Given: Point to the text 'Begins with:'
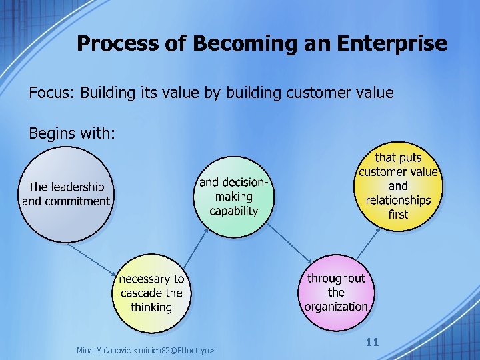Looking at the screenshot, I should click(x=72, y=133).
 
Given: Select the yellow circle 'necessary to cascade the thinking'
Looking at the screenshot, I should click(x=151, y=293).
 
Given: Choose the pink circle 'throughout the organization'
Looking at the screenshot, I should click(x=336, y=293).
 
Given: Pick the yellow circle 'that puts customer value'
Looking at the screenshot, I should click(x=398, y=185).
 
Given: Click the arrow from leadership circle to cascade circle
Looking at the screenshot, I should click(x=93, y=261).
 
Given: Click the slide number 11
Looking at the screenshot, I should click(x=372, y=342).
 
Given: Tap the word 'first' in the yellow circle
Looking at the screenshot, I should click(x=398, y=214).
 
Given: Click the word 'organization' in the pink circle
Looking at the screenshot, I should click(x=336, y=307).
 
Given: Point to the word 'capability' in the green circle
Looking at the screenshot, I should click(x=233, y=211).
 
